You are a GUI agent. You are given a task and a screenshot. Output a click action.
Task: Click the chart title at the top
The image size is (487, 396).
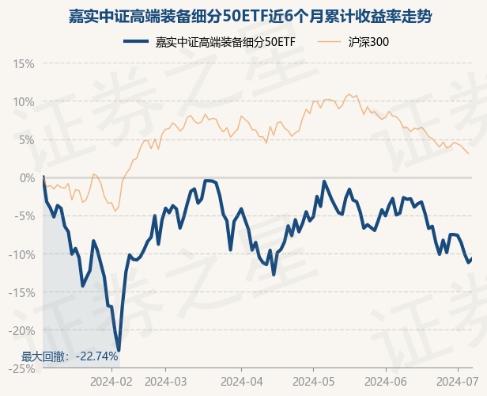(243, 17)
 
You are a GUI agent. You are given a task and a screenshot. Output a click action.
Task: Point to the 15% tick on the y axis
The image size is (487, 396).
(23, 63)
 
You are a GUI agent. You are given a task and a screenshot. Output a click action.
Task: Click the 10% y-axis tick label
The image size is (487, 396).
(23, 101)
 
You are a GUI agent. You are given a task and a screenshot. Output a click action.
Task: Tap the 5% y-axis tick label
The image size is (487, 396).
(25, 139)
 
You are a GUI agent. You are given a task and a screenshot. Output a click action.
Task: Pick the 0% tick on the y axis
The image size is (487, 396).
(25, 177)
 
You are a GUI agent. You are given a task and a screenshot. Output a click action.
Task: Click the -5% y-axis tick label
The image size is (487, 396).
(24, 215)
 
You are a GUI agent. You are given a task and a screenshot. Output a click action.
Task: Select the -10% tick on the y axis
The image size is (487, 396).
(21, 254)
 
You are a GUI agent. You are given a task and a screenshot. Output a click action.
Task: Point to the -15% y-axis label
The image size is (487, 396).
(21, 292)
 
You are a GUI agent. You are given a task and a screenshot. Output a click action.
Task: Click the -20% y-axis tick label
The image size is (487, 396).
(21, 330)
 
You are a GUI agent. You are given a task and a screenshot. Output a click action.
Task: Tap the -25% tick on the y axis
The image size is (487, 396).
(21, 368)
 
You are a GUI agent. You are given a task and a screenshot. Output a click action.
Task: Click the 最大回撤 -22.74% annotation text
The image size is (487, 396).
(70, 356)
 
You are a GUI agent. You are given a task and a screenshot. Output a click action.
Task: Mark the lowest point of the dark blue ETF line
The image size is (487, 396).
(119, 351)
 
